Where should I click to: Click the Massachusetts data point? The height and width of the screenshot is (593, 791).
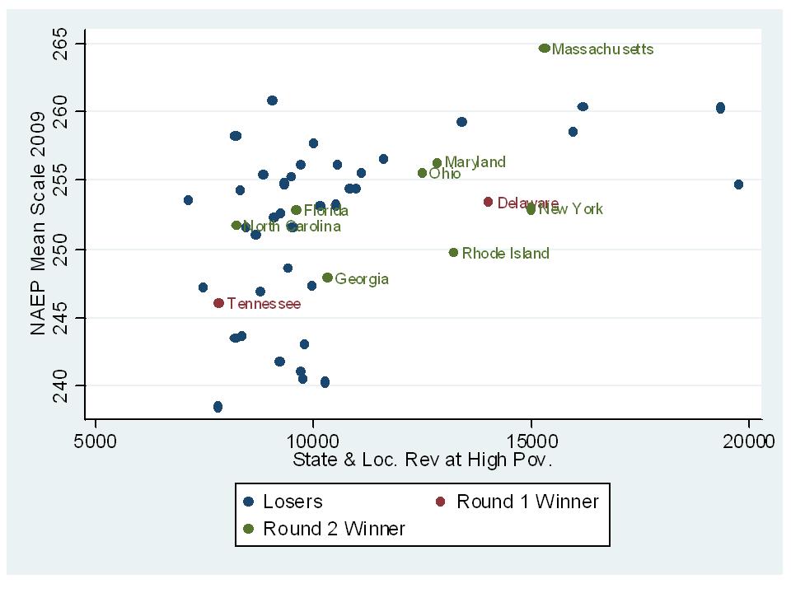(544, 49)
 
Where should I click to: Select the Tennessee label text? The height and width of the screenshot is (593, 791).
(264, 304)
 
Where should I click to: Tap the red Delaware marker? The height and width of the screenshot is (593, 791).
(488, 202)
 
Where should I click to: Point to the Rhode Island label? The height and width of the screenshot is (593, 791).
(505, 254)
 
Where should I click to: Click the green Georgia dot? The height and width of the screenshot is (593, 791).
(327, 278)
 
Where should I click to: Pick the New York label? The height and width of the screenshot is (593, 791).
(570, 209)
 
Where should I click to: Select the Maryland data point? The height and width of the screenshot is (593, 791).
(437, 163)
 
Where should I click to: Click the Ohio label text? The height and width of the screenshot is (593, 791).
(445, 174)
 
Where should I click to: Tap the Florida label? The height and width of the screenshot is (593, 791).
(325, 211)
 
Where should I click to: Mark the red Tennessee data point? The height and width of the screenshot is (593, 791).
(218, 303)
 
